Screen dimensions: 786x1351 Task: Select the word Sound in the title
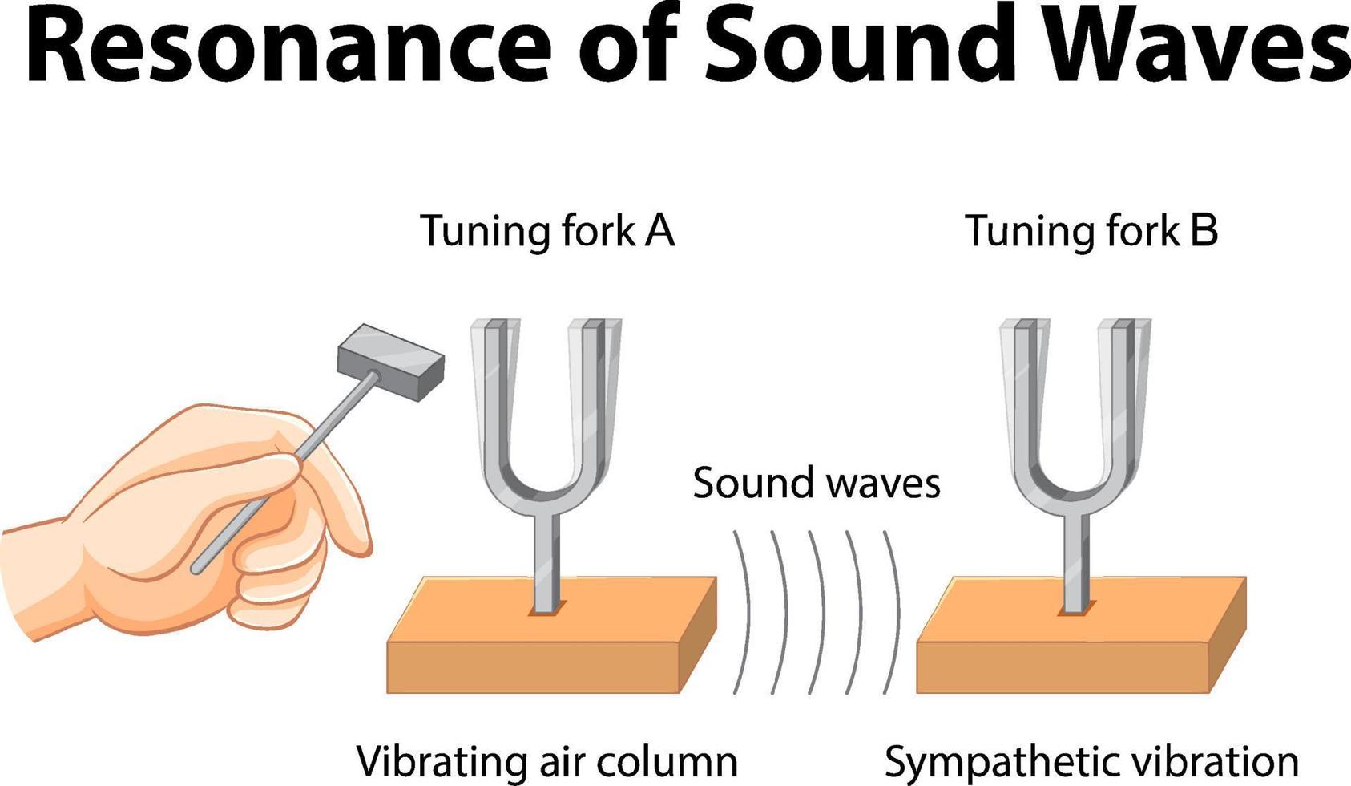861,46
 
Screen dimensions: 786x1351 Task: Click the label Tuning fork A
547,231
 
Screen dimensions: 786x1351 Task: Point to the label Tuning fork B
1091,231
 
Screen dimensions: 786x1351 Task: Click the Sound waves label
816,484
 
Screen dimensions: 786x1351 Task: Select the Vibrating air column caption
546,761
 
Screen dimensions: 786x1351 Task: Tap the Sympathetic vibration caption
1091,761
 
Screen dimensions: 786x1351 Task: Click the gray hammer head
390,361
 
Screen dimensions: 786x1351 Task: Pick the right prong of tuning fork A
593,393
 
